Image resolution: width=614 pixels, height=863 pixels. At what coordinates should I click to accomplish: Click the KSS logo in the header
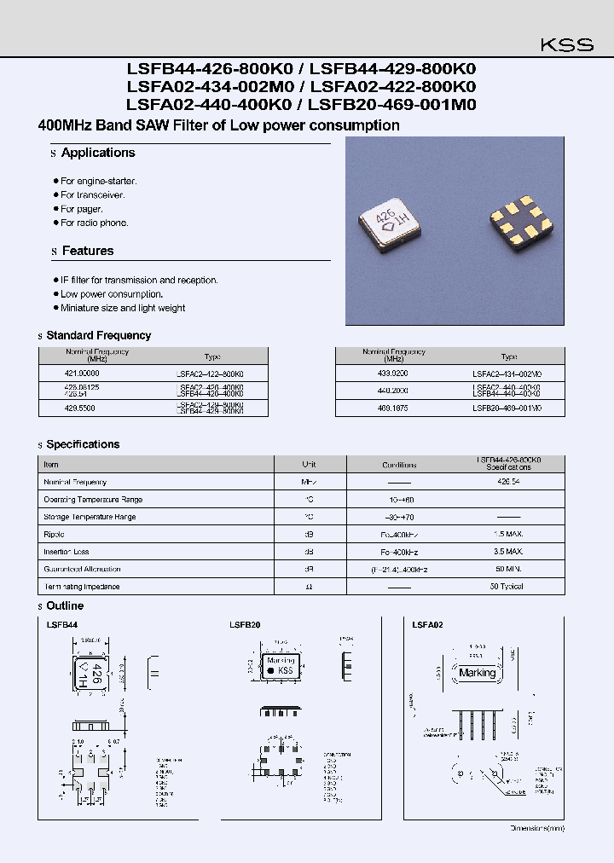coord(567,45)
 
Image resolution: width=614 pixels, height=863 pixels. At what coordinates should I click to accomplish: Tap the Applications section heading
coord(98,153)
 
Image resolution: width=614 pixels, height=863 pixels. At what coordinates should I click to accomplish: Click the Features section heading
coord(87,251)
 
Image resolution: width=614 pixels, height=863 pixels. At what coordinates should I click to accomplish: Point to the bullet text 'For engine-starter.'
coord(98,182)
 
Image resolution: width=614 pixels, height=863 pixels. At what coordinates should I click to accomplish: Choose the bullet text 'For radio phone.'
coord(94,223)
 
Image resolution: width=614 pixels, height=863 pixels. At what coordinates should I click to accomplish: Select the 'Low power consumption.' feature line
coord(111,294)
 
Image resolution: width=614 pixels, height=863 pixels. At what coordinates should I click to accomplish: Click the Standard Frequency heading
coord(98,335)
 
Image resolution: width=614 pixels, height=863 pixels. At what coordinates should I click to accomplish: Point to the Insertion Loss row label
coord(67,552)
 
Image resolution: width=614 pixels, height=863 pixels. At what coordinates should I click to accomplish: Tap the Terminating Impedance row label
coord(82,587)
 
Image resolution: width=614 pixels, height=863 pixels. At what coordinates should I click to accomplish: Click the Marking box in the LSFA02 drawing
coord(477,673)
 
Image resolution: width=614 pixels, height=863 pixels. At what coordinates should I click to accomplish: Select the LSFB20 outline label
coord(245,625)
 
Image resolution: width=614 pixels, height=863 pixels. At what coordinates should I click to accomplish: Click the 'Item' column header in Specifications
coord(51,465)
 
